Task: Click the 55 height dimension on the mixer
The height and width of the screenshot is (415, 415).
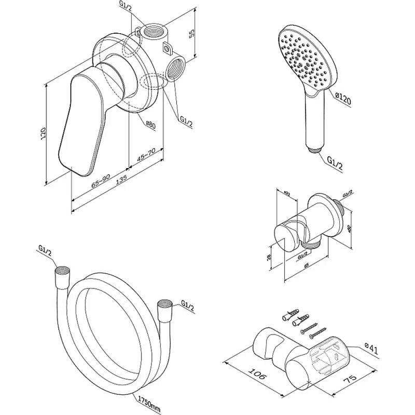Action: tap(191, 34)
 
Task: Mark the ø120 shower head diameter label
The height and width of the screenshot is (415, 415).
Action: tap(343, 98)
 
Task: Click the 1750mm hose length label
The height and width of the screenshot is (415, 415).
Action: tap(150, 401)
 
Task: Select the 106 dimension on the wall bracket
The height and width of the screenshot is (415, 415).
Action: tap(254, 375)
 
